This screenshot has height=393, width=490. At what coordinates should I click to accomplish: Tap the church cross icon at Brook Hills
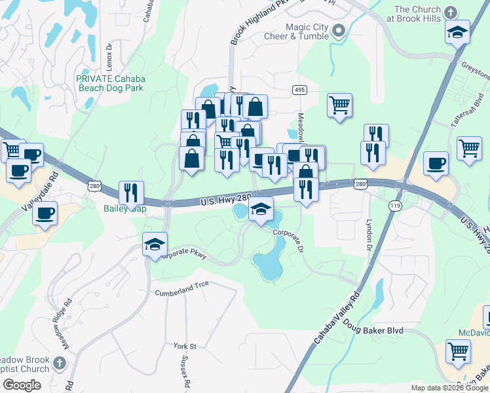click(450, 12)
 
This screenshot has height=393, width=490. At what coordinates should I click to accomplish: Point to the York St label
click(185, 345)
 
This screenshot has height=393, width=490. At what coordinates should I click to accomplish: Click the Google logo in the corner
click(22, 385)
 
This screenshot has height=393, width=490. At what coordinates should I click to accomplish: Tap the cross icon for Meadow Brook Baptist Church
click(59, 362)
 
